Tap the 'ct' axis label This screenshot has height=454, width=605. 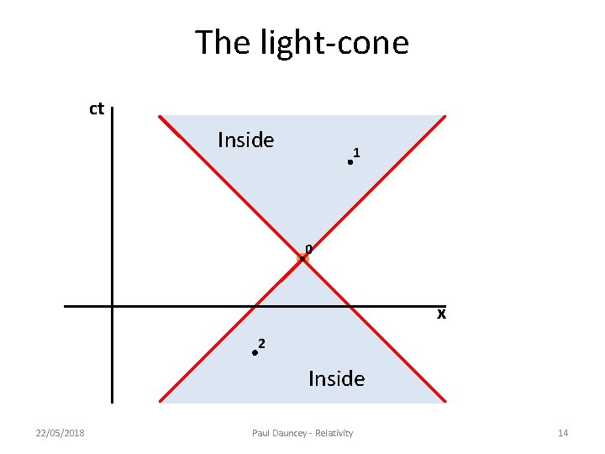97,108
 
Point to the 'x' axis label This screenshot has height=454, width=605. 440,315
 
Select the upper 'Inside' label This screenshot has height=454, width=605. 245,140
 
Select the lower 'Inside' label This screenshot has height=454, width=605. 336,379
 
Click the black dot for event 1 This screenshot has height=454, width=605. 350,162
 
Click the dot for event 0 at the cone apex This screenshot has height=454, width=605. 302,259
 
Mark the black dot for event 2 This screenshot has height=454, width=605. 254,354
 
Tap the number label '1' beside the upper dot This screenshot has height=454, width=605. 357,153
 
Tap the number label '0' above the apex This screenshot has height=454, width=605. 308,249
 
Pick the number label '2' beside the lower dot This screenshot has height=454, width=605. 262,343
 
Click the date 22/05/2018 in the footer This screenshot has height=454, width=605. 60,433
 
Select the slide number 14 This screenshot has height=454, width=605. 563,433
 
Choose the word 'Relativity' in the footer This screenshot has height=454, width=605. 334,433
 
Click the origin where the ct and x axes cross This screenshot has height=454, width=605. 112,306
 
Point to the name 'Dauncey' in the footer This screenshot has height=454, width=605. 291,433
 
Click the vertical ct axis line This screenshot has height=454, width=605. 112,210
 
